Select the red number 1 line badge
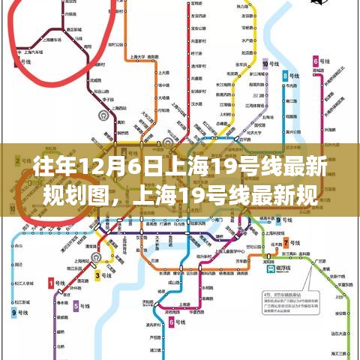pyautogui.click(x=51, y=283)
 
